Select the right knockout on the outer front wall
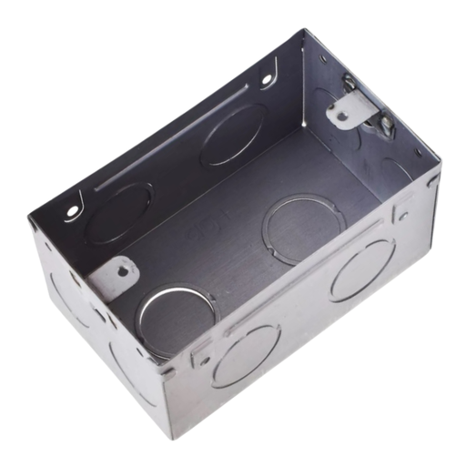(x=361, y=269)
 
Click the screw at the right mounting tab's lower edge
(x=385, y=123)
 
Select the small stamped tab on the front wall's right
(x=401, y=218)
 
